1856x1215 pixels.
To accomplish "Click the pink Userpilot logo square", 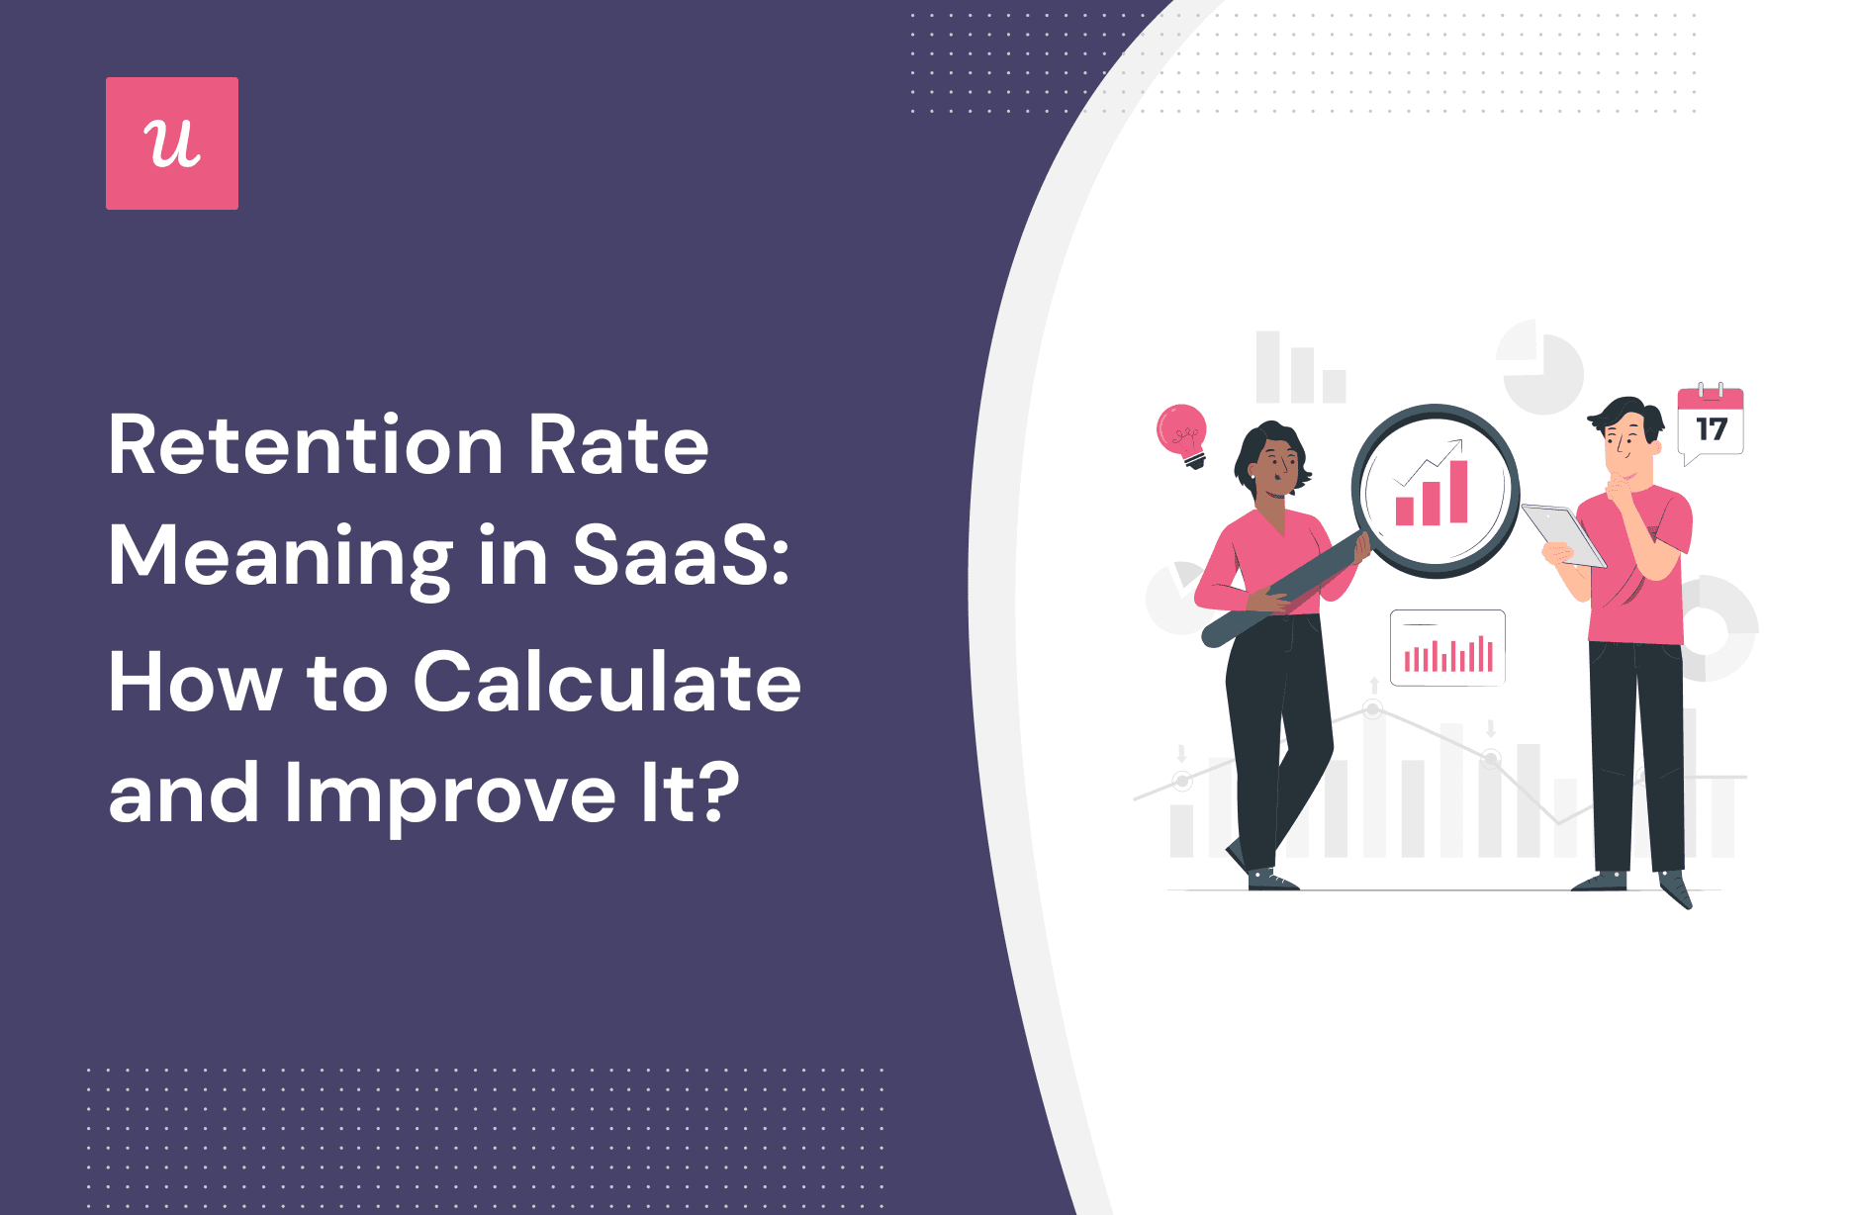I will (172, 143).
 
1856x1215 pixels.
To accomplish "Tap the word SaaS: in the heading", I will (682, 556).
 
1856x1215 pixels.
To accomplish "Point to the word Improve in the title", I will (450, 794).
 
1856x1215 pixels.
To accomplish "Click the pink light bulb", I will (1182, 433).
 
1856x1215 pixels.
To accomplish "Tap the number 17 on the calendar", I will (1711, 429).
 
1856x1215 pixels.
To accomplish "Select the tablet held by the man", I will (1563, 535).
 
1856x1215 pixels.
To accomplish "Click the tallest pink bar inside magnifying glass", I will (1458, 491).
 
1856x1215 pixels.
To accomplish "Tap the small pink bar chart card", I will (1447, 648).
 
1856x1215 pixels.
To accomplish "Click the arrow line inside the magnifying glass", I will (1428, 461).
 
